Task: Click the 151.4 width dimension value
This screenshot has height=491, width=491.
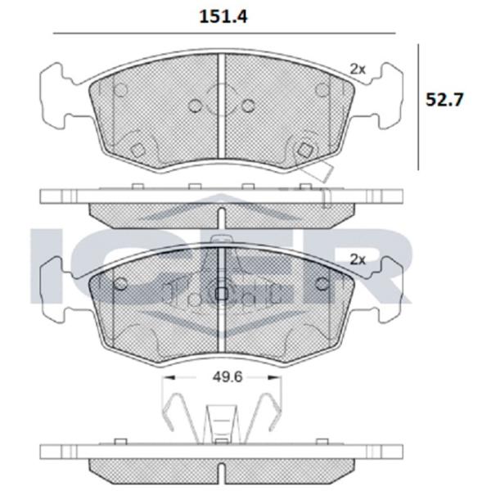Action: (x=223, y=16)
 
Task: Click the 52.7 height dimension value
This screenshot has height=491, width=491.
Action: (x=444, y=100)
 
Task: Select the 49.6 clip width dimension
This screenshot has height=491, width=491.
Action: (x=227, y=377)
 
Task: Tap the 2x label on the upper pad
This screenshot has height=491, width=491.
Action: (x=358, y=70)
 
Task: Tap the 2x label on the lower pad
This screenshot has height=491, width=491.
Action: (x=358, y=259)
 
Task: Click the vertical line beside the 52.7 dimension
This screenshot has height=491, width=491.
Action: (x=418, y=107)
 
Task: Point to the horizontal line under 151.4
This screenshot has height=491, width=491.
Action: (x=224, y=33)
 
